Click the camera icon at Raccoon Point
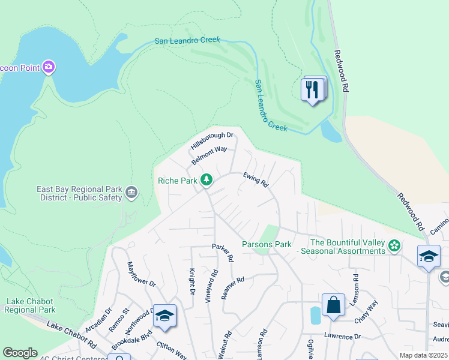[x=49, y=67]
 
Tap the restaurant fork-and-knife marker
[x=312, y=90]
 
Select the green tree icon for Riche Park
[x=206, y=179]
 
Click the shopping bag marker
[x=333, y=304]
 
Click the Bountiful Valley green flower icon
[x=394, y=245]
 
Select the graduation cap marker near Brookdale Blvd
[x=164, y=316]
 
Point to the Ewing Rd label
[x=255, y=179]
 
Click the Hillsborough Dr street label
[x=211, y=142]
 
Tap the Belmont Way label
[x=209, y=155]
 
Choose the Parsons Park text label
[x=267, y=244]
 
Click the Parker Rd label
[x=222, y=253]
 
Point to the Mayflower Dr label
[x=141, y=274]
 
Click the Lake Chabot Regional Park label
[x=31, y=305]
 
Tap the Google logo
[x=20, y=353]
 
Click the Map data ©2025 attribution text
[x=423, y=355]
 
